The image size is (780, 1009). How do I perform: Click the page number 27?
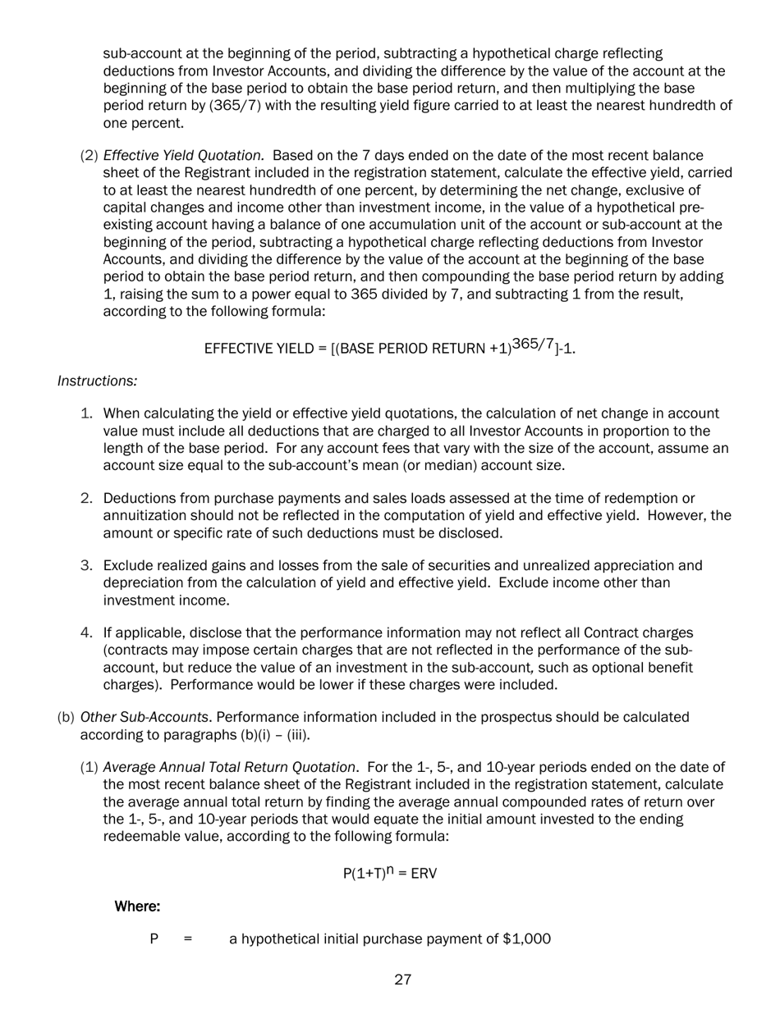coord(402,979)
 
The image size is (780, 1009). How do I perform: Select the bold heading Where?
coord(136,906)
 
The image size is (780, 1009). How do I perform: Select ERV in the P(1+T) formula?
coord(424,874)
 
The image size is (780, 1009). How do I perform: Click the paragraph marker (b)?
coord(66,718)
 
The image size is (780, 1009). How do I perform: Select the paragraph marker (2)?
coord(89,156)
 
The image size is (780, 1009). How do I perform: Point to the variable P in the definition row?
coord(154,939)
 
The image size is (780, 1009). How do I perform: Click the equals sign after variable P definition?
coord(188,939)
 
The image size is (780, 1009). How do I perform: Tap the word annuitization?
coord(145,516)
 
